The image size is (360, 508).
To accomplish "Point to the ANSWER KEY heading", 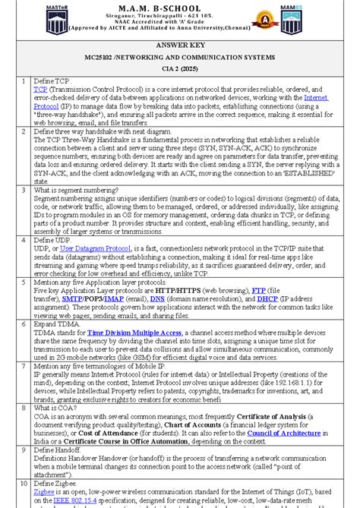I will coord(180,46).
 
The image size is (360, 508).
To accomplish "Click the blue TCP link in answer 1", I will coord(39,90).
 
